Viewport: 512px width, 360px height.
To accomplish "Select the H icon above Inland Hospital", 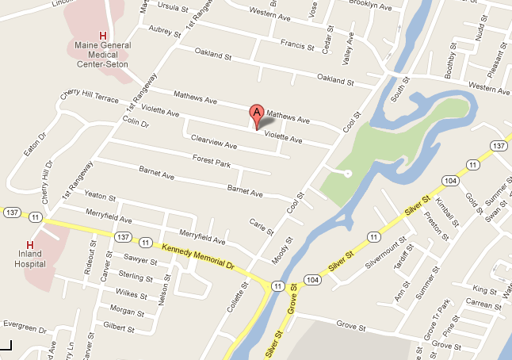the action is [30, 244].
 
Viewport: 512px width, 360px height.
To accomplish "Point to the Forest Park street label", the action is [211, 162].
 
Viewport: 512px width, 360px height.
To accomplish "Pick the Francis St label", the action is [297, 45].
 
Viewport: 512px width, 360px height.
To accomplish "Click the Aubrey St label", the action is [166, 30].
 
